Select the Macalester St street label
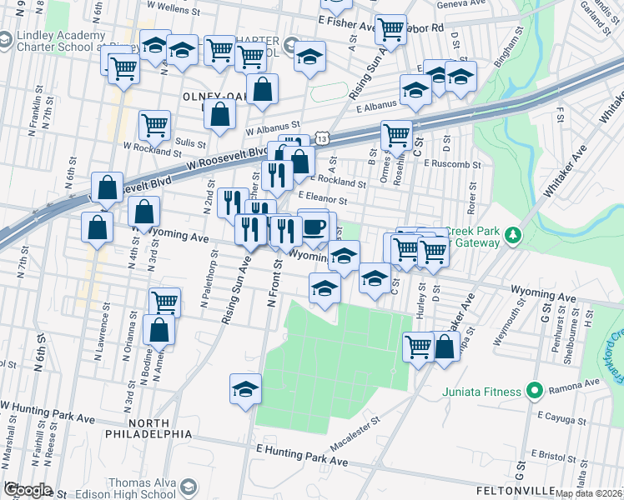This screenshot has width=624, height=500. click(x=355, y=429)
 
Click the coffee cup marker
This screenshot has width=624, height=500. click(x=314, y=227)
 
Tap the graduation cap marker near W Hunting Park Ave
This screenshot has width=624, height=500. click(x=245, y=389)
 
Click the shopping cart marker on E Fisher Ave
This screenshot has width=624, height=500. click(x=390, y=30)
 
